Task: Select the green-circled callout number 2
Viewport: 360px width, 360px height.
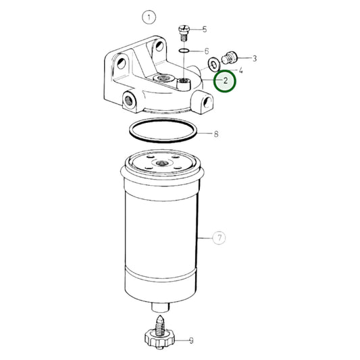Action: [225, 82]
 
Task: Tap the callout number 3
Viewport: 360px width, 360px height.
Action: [255, 59]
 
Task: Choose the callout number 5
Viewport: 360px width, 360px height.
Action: [205, 29]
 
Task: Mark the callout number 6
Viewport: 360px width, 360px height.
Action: [207, 51]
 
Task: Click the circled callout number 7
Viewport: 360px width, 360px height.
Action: [219, 238]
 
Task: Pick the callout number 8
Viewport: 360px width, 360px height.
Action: [216, 134]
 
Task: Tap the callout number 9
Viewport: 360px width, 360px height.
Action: [190, 341]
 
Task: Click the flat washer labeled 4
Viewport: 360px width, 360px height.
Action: [213, 65]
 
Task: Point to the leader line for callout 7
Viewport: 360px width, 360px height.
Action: [205, 238]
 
